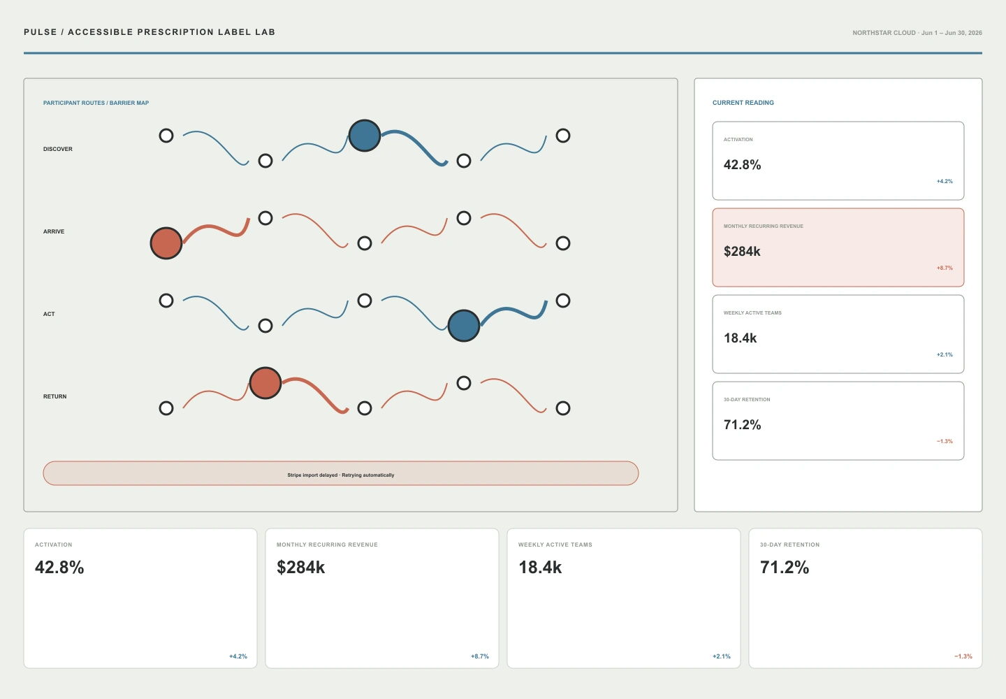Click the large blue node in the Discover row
pyautogui.click(x=364, y=135)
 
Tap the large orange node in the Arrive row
pyautogui.click(x=166, y=243)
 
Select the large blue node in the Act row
pyautogui.click(x=463, y=326)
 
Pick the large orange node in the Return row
pyautogui.click(x=265, y=383)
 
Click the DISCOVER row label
pyautogui.click(x=57, y=149)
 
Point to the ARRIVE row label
pyautogui.click(x=53, y=232)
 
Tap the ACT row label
pyautogui.click(x=49, y=314)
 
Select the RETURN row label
pyautogui.click(x=54, y=396)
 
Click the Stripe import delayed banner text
pyautogui.click(x=341, y=475)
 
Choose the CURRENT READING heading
pyautogui.click(x=743, y=103)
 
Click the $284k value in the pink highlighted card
pyautogui.click(x=742, y=251)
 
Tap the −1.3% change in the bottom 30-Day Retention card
pyautogui.click(x=963, y=656)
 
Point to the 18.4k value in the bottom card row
pyautogui.click(x=540, y=568)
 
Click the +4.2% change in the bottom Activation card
pyautogui.click(x=238, y=656)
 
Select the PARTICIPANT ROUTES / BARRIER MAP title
pyautogui.click(x=96, y=103)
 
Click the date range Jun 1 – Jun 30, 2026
pyautogui.click(x=952, y=33)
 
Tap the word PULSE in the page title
pyautogui.click(x=41, y=32)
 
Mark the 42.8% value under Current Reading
pyautogui.click(x=743, y=165)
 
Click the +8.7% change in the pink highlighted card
pyautogui.click(x=945, y=268)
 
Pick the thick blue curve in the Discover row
pyautogui.click(x=416, y=144)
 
